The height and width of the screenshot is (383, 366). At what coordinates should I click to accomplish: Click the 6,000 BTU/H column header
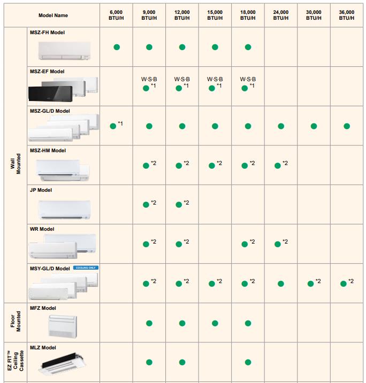pyautogui.click(x=116, y=15)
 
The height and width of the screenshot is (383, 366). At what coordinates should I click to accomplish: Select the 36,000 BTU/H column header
pyautogui.click(x=346, y=15)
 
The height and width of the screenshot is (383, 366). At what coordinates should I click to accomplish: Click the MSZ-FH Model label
pyautogui.click(x=47, y=33)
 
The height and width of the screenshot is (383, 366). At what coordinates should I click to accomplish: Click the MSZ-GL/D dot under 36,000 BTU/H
pyautogui.click(x=347, y=127)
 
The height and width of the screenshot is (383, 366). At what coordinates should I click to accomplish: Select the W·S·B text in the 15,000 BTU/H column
pyautogui.click(x=215, y=79)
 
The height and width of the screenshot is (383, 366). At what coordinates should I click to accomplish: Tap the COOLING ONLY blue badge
pyautogui.click(x=86, y=267)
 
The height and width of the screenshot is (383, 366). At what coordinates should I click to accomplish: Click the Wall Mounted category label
pyautogui.click(x=15, y=165)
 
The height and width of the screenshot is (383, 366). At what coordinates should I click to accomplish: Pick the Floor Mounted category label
pyautogui.click(x=15, y=322)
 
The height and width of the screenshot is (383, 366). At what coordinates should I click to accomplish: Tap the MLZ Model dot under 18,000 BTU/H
pyautogui.click(x=248, y=363)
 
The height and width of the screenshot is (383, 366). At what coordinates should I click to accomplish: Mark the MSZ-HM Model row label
pyautogui.click(x=48, y=151)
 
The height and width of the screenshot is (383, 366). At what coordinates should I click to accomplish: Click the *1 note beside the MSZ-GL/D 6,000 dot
pyautogui.click(x=120, y=124)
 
